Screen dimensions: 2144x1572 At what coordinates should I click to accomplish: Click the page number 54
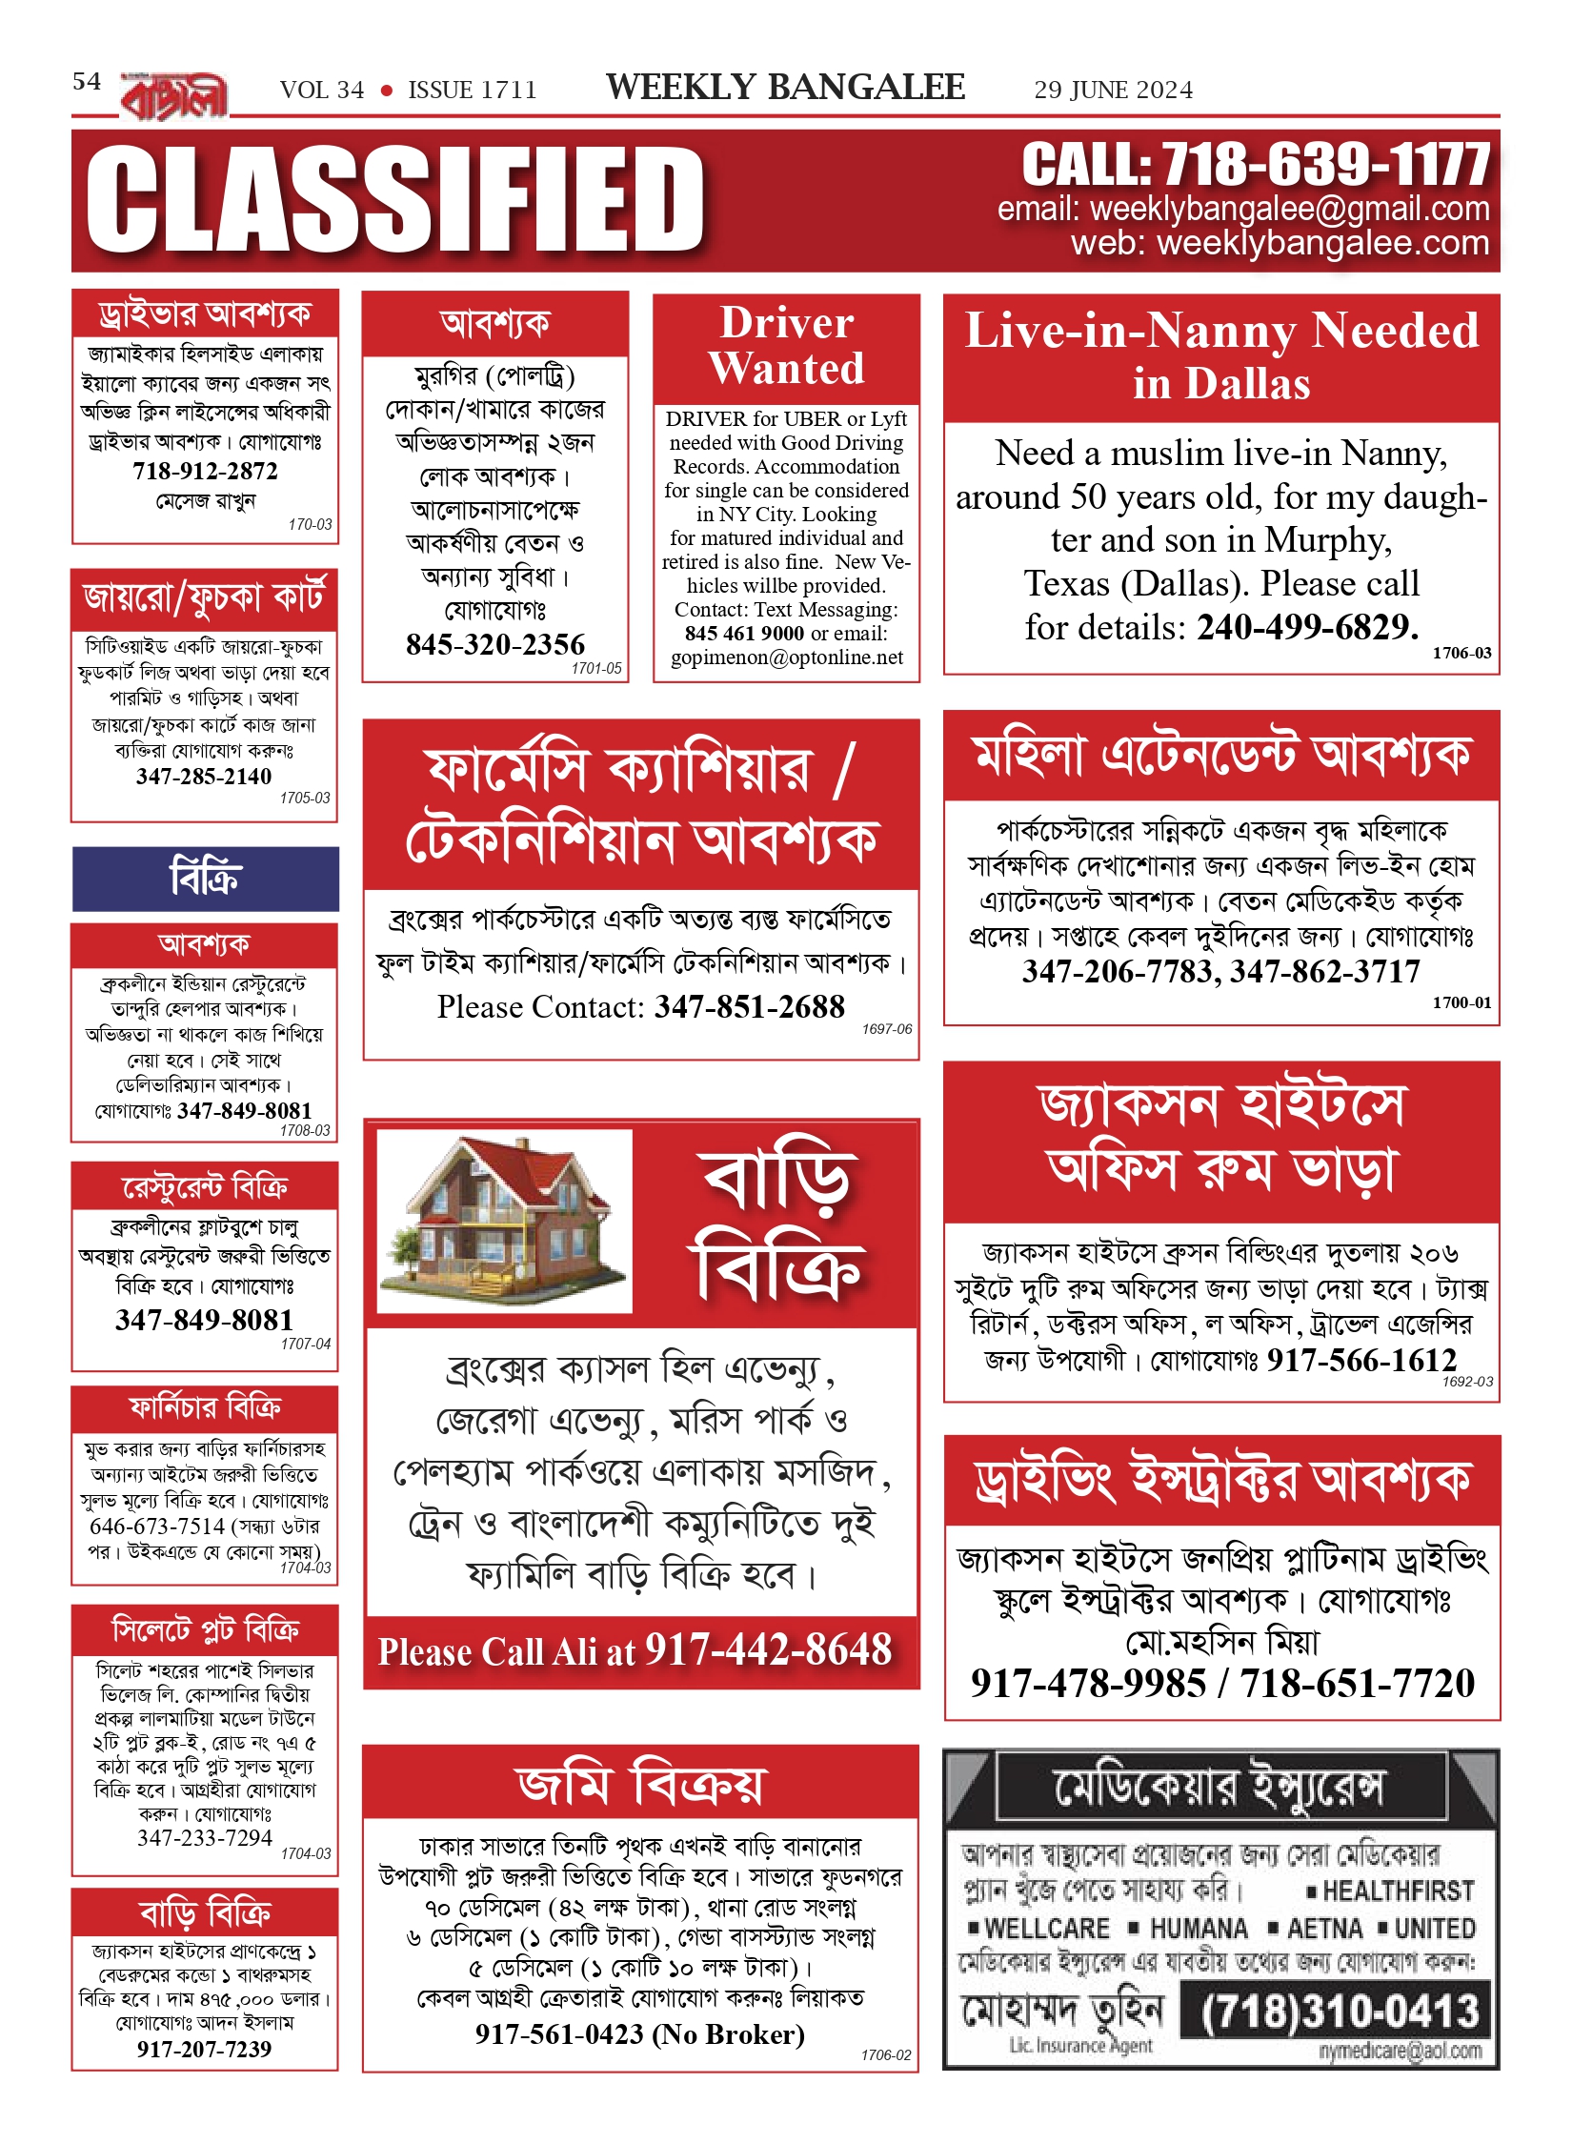point(87,81)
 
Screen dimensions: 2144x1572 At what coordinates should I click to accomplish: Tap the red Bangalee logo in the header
point(174,96)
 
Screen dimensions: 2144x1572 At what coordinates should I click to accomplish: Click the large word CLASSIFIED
point(395,200)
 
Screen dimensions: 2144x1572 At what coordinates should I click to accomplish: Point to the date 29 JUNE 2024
point(1113,91)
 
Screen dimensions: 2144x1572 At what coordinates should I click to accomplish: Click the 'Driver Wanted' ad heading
point(786,345)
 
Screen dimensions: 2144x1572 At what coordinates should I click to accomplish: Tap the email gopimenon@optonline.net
point(787,657)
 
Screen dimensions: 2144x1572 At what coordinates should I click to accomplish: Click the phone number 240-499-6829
point(1307,627)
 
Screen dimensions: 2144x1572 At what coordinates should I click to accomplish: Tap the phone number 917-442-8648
point(768,1649)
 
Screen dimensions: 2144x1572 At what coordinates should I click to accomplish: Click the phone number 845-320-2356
point(495,644)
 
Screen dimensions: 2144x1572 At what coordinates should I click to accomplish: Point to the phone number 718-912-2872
point(205,471)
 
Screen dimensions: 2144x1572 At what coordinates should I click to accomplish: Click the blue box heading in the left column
point(205,878)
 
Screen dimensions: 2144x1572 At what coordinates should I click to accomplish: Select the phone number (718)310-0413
point(1340,2011)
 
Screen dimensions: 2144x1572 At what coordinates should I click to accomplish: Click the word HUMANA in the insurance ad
point(1199,1929)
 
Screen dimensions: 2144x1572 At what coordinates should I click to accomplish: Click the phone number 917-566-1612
point(1361,1360)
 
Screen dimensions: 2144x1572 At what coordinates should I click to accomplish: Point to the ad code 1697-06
point(886,1029)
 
